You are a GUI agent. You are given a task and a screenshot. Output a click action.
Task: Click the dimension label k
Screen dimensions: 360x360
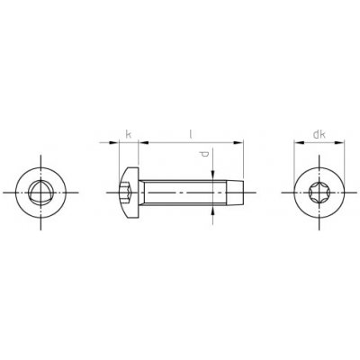(x=128, y=135)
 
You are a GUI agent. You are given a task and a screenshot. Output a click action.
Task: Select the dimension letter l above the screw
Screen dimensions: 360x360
(x=190, y=135)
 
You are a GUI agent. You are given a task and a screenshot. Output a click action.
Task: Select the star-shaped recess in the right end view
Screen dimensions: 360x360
(x=319, y=192)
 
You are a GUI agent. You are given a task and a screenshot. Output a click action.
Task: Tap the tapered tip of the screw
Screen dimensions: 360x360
(x=236, y=192)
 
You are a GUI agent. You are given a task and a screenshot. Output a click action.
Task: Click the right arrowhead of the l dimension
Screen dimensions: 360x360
(x=240, y=142)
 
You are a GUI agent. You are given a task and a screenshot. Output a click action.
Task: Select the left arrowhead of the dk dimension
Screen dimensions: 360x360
(x=300, y=142)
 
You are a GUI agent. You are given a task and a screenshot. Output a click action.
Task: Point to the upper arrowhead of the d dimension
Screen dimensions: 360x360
(x=212, y=174)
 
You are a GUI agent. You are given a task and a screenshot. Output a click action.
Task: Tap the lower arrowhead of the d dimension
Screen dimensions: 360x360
(x=212, y=209)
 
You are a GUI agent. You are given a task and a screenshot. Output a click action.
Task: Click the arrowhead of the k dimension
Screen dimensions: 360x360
(x=116, y=142)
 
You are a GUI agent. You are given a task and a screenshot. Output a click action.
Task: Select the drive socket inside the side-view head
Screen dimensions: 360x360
(x=127, y=192)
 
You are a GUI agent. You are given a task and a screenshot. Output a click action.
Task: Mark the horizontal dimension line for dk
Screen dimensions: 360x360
(x=319, y=142)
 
